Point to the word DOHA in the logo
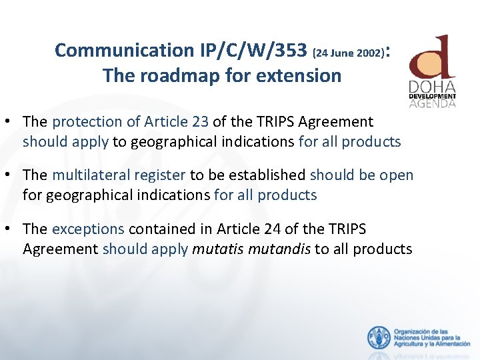[x=432, y=87]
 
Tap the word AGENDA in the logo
[x=432, y=103]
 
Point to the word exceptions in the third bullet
[x=88, y=229]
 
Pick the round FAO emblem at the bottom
[x=379, y=338]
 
